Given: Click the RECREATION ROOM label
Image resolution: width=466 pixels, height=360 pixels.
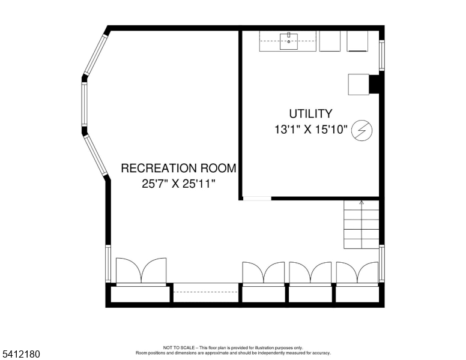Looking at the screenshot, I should pyautogui.click(x=178, y=168).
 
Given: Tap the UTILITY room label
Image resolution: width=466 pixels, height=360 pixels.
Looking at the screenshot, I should pyautogui.click(x=310, y=113).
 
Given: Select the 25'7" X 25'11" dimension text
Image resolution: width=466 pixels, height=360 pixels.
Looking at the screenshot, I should pyautogui.click(x=178, y=184).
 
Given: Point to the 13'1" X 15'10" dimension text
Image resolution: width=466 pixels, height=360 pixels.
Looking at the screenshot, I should pyautogui.click(x=310, y=130).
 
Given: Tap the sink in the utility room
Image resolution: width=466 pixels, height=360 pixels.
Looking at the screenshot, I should pyautogui.click(x=289, y=41).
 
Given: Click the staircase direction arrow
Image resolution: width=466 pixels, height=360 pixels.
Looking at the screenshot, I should pyautogui.click(x=362, y=203).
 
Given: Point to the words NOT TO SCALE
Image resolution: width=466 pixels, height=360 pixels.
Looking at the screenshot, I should pyautogui.click(x=177, y=347).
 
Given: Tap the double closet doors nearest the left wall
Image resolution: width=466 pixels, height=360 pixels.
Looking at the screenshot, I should pyautogui.click(x=141, y=271).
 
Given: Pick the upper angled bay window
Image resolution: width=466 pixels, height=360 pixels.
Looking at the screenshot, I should pyautogui.click(x=95, y=55).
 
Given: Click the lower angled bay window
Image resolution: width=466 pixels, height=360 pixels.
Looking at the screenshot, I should pyautogui.click(x=95, y=154).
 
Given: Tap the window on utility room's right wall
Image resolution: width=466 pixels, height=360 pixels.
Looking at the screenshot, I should pyautogui.click(x=381, y=55).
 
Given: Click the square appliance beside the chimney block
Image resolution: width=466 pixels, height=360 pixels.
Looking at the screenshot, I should pyautogui.click(x=359, y=84).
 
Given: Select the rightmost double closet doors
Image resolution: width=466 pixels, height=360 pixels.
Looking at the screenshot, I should pyautogui.click(x=357, y=272).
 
